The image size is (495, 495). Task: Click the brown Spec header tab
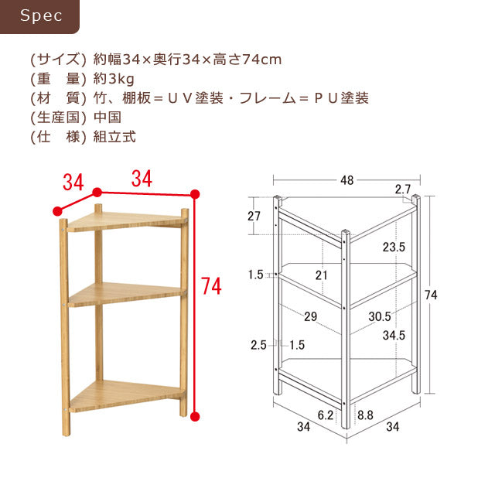[x=40, y=16]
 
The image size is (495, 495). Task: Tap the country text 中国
[x=107, y=118]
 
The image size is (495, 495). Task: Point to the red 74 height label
[x=210, y=287]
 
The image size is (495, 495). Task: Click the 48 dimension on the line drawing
[x=346, y=180]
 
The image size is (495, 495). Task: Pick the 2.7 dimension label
[x=402, y=189]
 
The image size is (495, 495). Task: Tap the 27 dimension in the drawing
[x=254, y=217]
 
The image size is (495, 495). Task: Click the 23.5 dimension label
[x=393, y=247]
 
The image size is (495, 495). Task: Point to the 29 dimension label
[x=312, y=317]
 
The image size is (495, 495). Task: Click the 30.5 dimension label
[x=379, y=317]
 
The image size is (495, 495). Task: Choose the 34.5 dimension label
[x=394, y=336]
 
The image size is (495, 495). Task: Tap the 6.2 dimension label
[x=326, y=415]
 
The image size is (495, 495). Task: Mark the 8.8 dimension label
[x=365, y=415]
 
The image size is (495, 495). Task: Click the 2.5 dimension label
[x=258, y=345]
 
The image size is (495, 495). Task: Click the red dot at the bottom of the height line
[x=195, y=416]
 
